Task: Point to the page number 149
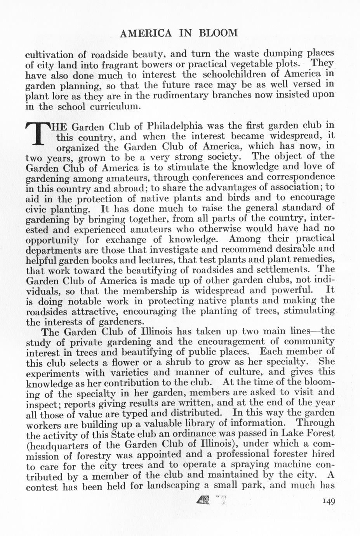328,501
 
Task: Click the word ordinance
180,433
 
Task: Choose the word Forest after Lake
316,433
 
